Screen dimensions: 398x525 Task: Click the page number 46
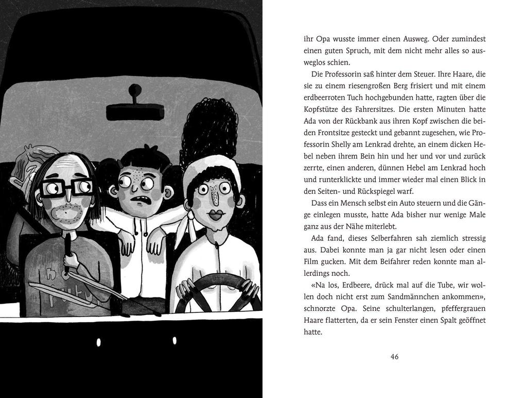[x=394, y=357]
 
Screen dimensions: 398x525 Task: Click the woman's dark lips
[x=215, y=212]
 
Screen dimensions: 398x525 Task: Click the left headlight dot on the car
[x=98, y=342]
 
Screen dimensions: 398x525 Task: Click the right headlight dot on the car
[x=174, y=341]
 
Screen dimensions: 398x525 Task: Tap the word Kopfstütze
[x=325, y=109]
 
